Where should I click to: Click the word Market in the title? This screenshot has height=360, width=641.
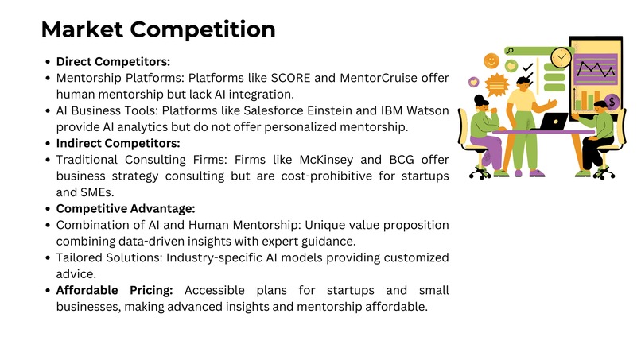82,29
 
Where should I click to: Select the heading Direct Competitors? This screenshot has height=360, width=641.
113,61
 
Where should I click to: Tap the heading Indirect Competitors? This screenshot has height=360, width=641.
118,144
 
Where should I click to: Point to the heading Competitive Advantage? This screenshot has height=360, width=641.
126,208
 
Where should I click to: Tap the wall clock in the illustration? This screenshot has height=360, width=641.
561,57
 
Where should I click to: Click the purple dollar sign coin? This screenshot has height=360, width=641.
612,102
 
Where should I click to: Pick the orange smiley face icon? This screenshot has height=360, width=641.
491,60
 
